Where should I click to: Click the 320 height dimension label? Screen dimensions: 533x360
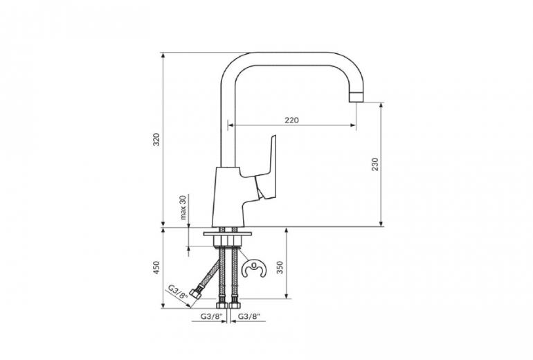pos(156,140)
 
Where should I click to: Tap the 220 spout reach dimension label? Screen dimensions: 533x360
pos(291,120)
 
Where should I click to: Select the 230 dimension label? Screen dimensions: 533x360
pos(374,164)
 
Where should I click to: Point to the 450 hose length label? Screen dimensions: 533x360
pos(156,267)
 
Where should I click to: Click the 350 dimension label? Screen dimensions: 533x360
pos(280,267)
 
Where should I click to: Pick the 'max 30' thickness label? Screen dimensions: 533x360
pos(183,208)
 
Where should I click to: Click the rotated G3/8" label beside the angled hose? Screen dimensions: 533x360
pos(178,291)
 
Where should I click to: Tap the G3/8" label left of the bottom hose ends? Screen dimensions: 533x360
pos(211,316)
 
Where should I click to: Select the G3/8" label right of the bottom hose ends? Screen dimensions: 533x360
pos(249,316)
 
